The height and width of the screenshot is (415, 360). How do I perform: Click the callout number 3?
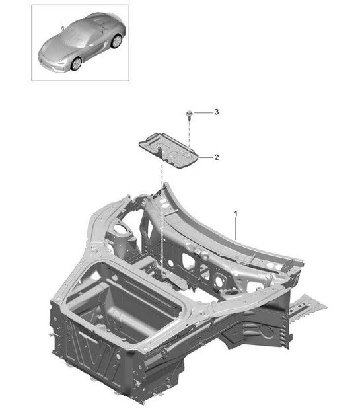[216, 112]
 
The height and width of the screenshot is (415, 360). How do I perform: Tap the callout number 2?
[216, 157]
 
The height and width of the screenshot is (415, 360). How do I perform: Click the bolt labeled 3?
[190, 114]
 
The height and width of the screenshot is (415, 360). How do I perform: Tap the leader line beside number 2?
[205, 157]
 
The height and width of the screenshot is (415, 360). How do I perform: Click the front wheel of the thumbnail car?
[77, 63]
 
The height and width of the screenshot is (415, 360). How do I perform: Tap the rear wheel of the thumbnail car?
[117, 42]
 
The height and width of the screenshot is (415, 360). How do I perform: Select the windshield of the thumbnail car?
[77, 35]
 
